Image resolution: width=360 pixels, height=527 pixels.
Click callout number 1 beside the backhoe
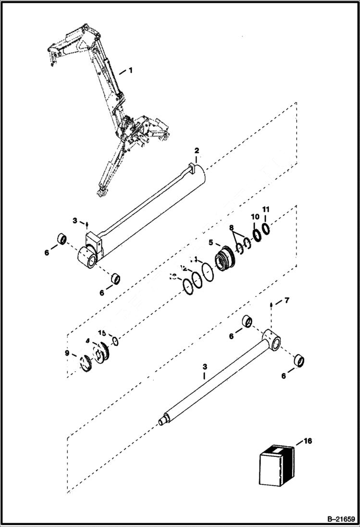point(129,70)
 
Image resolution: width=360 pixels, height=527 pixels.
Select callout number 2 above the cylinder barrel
point(196,151)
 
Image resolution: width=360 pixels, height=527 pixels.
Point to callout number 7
point(286,301)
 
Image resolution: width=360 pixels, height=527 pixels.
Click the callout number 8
point(232,228)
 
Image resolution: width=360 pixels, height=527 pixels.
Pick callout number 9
point(67,354)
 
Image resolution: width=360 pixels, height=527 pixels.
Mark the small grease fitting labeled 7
point(272,305)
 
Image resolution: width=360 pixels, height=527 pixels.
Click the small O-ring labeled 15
point(115,342)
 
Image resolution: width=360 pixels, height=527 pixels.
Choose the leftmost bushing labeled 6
point(62,239)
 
